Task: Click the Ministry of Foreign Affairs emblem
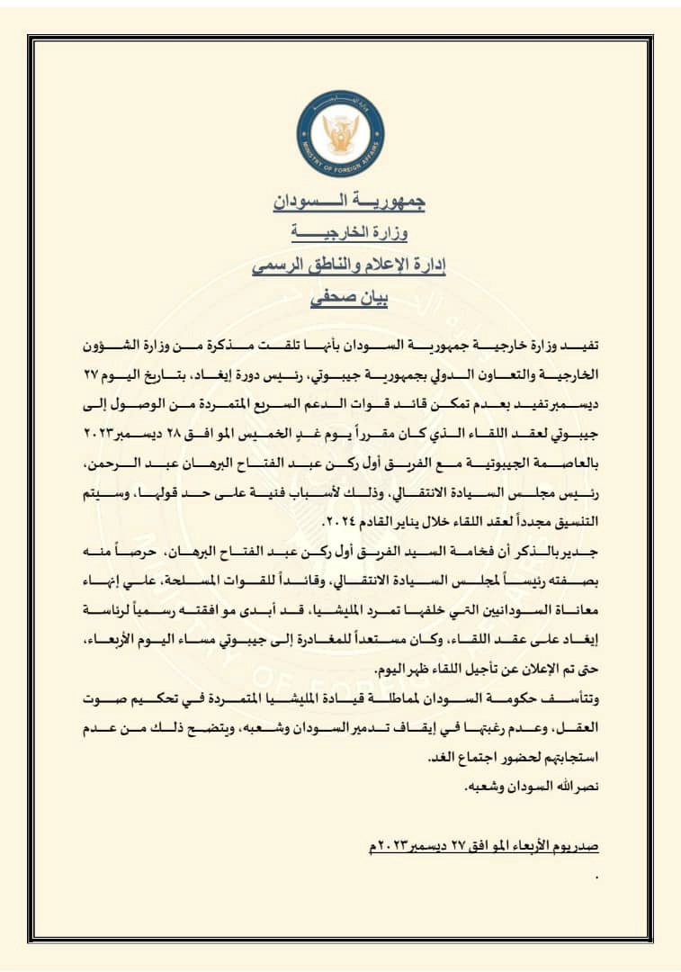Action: (340, 133)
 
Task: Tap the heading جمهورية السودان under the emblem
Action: (349, 201)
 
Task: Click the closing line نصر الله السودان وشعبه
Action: (532, 787)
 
